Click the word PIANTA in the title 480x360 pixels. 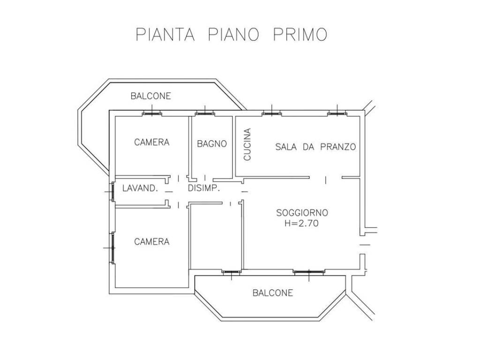[x=165, y=35]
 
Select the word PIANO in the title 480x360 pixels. [x=232, y=35]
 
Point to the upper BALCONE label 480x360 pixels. [x=150, y=96]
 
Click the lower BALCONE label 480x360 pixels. [x=272, y=293]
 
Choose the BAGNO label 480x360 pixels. [x=211, y=144]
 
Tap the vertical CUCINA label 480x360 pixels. [x=247, y=144]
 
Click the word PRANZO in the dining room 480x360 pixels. [x=338, y=147]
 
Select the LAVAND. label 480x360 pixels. [x=139, y=188]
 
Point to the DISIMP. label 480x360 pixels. [x=204, y=188]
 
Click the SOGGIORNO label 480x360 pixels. [x=302, y=212]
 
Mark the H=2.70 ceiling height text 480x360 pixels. [x=301, y=224]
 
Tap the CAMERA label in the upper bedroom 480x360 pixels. [x=151, y=142]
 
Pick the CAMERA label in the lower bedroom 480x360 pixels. [x=151, y=242]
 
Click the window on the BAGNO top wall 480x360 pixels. [x=205, y=113]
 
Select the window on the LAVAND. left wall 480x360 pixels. [x=112, y=192]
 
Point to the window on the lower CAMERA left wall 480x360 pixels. [x=112, y=247]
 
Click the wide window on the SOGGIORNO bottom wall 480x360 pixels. [x=309, y=271]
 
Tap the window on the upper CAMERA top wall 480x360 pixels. [x=152, y=113]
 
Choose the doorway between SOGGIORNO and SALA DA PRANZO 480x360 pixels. [x=326, y=178]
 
